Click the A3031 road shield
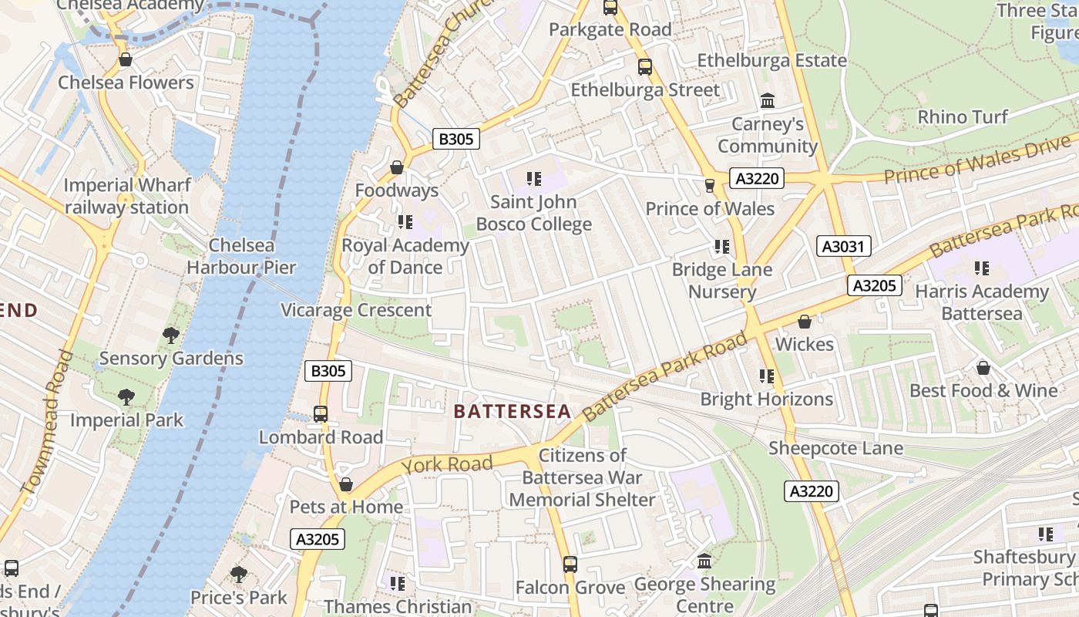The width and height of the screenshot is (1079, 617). click(844, 247)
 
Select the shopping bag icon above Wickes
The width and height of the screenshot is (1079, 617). click(805, 322)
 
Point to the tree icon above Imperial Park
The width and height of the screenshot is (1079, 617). click(126, 397)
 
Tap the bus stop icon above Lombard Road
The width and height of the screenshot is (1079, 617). click(321, 414)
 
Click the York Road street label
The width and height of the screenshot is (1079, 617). click(447, 464)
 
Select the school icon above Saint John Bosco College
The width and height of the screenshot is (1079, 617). click(533, 180)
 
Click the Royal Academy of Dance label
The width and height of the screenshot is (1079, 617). click(405, 257)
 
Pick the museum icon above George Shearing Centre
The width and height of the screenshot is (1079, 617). click(704, 561)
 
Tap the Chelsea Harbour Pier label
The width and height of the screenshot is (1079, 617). click(241, 257)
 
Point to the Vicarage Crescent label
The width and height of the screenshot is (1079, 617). click(356, 310)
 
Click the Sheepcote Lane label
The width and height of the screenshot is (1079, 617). click(835, 448)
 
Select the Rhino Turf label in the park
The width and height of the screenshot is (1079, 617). click(963, 117)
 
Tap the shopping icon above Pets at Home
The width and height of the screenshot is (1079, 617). click(346, 484)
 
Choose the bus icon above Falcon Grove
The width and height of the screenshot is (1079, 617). click(570, 565)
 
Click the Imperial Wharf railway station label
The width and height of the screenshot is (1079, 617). click(126, 197)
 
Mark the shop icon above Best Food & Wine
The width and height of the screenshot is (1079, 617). click(983, 368)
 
